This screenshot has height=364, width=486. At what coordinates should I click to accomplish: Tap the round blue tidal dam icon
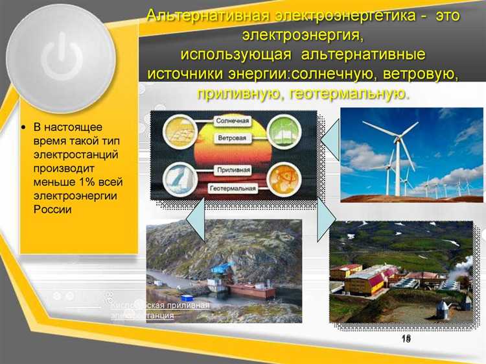[x=180, y=176]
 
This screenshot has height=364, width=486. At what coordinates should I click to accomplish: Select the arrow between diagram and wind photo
[x=331, y=138]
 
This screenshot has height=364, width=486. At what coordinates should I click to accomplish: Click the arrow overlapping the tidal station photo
[x=195, y=221]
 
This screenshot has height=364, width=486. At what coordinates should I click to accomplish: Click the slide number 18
[x=406, y=339]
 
